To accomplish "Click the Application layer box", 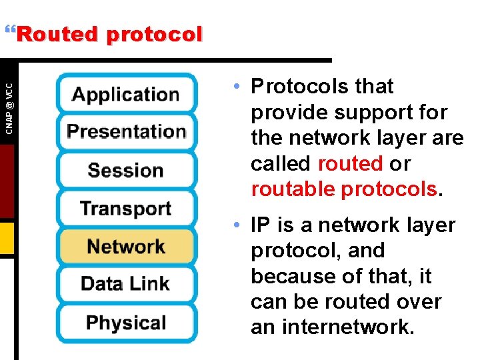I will [126, 93].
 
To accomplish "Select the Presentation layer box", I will [126, 131].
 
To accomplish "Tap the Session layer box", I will [126, 170].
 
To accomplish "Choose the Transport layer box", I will [126, 208].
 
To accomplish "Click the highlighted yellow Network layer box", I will [126, 246].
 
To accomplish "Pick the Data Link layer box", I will [126, 284].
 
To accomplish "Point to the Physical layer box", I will [126, 323].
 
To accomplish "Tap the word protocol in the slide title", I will [153, 34].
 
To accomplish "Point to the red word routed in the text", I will [350, 163].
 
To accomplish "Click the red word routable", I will [293, 189].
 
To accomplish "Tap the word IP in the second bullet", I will [259, 225].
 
